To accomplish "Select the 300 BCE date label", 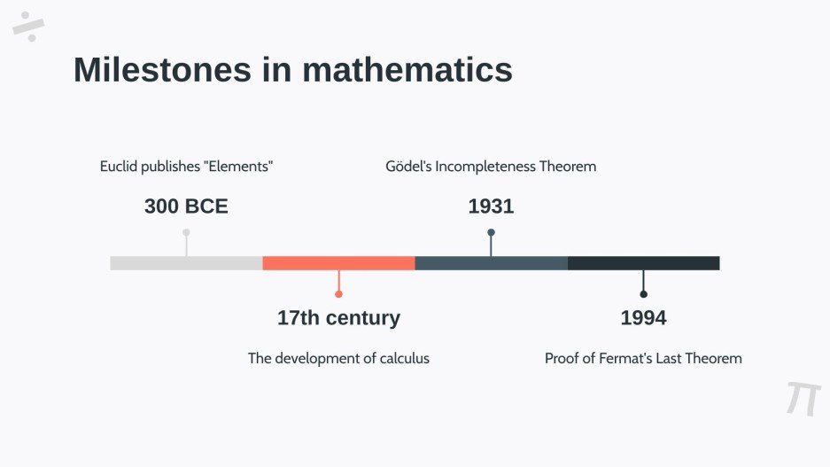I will coord(186,206).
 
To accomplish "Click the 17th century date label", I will coord(338,317).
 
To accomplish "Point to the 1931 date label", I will coord(491,206).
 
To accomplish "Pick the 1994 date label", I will coord(643,317).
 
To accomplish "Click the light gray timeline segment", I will coord(186,263).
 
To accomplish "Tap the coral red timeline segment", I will coord(338,263).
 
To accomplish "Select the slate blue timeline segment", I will coord(491,263).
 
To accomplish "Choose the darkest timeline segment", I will coord(643,263).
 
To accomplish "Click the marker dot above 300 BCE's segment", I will coord(186,233).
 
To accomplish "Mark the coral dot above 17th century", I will coord(338,294).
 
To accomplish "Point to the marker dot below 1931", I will coord(491,233).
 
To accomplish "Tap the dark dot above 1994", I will coord(643,294).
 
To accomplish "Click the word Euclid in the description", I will coord(117,167).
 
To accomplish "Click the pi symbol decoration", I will coord(803,399).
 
